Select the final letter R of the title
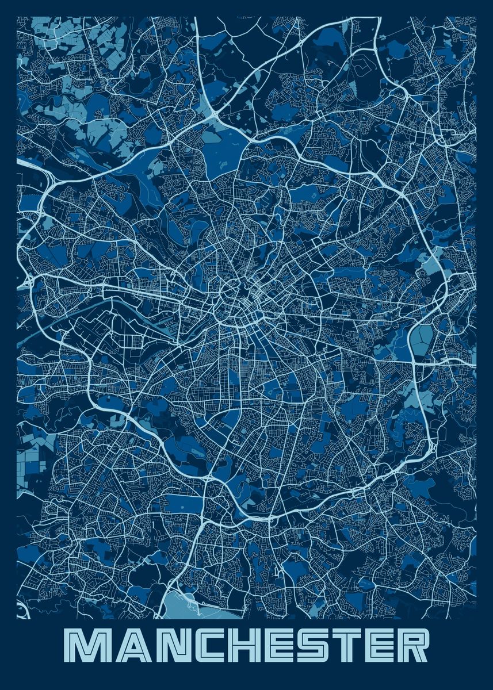tap(412, 646)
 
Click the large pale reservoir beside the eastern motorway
tap(422, 341)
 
